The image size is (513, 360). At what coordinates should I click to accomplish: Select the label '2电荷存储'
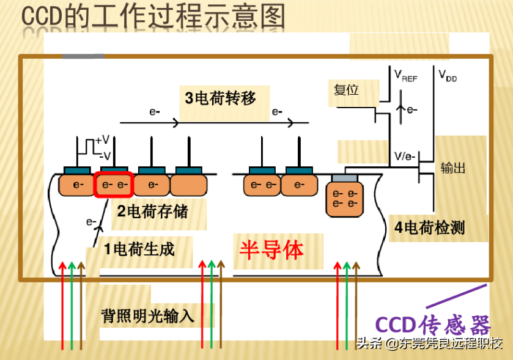[153, 212]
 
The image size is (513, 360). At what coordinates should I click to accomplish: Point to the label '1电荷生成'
[139, 249]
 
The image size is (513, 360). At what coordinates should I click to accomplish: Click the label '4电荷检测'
[430, 228]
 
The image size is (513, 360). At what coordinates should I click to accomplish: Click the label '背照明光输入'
[148, 316]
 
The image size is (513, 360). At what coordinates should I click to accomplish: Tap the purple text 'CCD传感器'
[432, 324]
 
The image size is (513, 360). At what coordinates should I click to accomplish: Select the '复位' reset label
[346, 90]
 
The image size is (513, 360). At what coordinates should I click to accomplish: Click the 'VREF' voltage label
[405, 76]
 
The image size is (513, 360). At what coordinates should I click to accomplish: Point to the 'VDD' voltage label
[448, 76]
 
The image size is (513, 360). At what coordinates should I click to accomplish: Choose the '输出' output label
[453, 167]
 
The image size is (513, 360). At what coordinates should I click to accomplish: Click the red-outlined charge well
[113, 185]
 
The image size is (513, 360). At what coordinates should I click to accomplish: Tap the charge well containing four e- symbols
[344, 199]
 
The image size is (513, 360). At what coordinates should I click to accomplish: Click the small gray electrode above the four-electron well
[344, 177]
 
